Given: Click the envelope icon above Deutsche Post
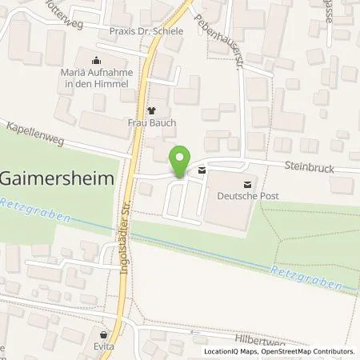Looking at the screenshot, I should point(201,170).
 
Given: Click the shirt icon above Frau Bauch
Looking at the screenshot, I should point(152,111).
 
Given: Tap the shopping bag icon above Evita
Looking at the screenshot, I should point(102,335).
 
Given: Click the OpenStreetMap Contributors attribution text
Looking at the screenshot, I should point(306,351).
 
